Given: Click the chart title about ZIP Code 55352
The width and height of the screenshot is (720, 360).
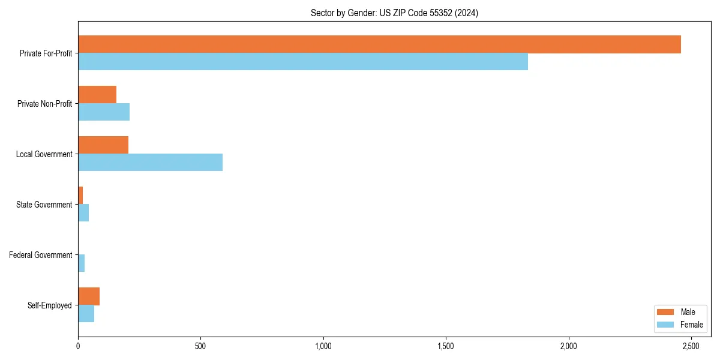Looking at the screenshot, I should [x=394, y=13].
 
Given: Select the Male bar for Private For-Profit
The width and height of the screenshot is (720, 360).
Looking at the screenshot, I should [x=379, y=44].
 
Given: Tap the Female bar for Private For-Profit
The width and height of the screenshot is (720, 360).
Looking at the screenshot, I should [x=303, y=62].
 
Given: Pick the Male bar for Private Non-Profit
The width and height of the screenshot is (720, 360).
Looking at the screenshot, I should [x=97, y=95].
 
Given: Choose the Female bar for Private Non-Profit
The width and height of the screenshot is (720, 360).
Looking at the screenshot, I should [x=104, y=112].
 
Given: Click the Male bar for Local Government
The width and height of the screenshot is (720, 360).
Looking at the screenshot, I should [x=103, y=145].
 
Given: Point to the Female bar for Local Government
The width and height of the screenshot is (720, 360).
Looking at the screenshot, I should [x=150, y=163].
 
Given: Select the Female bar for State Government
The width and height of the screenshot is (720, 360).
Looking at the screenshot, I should [x=83, y=213].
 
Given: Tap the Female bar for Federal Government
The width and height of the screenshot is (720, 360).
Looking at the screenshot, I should [x=82, y=263].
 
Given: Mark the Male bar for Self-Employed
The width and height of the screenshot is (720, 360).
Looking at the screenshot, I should [x=89, y=296].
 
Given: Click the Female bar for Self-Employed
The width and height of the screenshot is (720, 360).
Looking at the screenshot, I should [x=86, y=314].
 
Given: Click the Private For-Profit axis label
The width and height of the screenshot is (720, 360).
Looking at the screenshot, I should [x=46, y=53].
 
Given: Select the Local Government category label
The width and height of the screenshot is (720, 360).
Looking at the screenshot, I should [x=44, y=154].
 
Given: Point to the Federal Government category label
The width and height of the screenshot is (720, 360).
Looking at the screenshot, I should [x=41, y=255].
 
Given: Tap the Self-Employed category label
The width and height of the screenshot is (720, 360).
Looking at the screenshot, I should [x=50, y=305].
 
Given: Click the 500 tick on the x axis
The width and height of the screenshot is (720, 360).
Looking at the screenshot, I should [x=200, y=346].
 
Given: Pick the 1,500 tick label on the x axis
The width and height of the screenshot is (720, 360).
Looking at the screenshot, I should [x=446, y=346].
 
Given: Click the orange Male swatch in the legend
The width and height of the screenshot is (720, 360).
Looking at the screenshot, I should [x=666, y=312].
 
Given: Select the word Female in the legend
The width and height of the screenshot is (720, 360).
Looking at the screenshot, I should [x=692, y=325].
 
